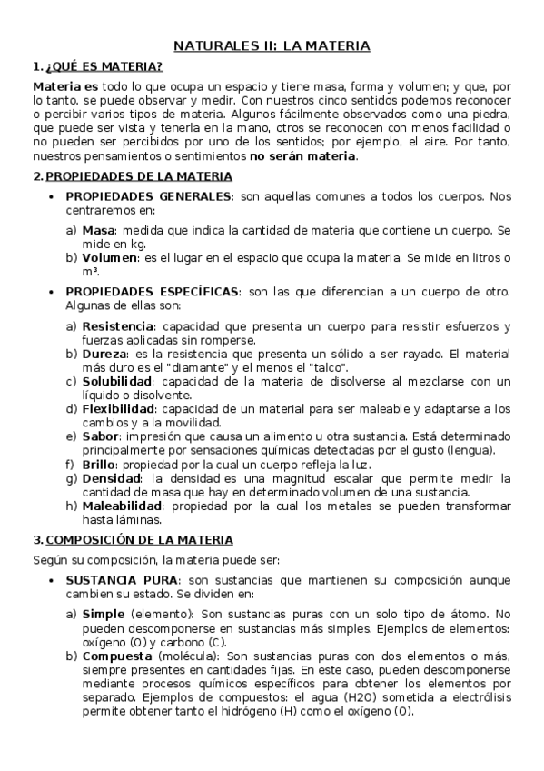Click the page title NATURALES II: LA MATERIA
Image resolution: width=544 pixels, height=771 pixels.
(x=272, y=45)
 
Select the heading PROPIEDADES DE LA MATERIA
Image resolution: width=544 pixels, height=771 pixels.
(x=139, y=175)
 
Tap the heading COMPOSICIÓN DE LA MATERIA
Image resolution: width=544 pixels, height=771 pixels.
(x=139, y=539)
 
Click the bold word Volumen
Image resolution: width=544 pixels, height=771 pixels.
(x=110, y=258)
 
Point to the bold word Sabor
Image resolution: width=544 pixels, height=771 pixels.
(x=99, y=436)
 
